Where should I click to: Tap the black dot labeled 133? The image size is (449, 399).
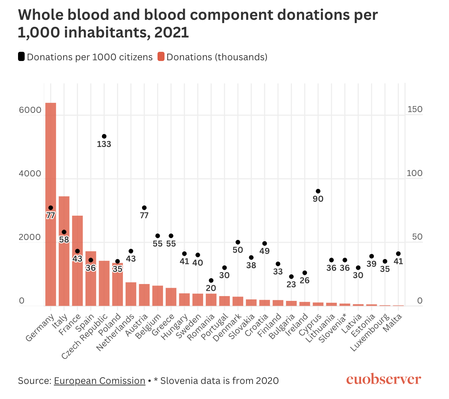(104, 136)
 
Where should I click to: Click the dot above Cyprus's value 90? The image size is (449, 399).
(318, 191)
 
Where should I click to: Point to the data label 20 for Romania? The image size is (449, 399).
(211, 288)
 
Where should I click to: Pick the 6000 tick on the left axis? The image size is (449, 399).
(30, 110)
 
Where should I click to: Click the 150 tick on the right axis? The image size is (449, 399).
(414, 109)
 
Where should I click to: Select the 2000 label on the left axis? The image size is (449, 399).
(30, 237)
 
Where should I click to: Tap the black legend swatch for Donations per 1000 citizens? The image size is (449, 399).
(21, 57)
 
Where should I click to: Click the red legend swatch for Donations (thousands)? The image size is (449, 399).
(161, 57)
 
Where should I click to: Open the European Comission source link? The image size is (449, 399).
(99, 381)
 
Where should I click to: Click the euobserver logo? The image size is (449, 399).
(383, 380)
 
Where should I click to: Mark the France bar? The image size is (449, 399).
(77, 279)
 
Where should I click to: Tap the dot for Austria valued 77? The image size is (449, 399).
(144, 208)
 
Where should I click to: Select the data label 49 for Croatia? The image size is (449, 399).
(265, 251)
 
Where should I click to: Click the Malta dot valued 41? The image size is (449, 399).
(398, 254)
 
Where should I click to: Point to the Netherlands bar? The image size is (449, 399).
(131, 294)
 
